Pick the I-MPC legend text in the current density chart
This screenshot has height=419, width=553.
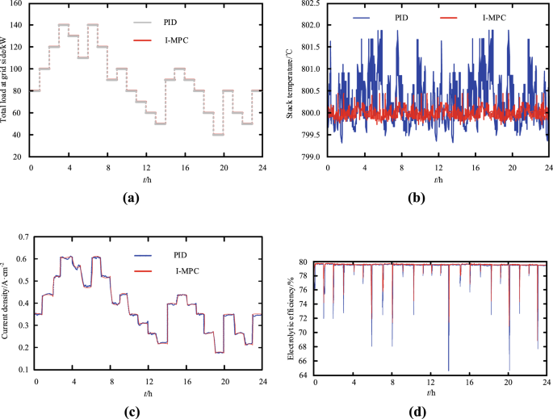213,270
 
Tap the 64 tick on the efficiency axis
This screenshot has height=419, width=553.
303,374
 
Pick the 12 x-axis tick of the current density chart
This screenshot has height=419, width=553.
149,380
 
